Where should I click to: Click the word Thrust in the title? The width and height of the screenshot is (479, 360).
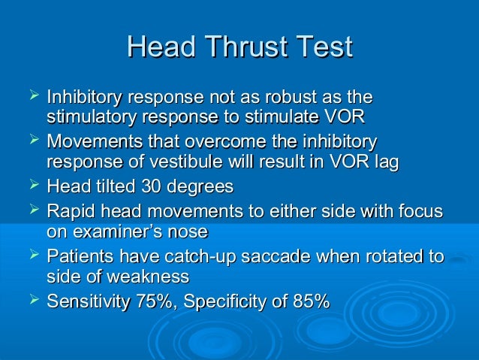pos(245,47)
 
